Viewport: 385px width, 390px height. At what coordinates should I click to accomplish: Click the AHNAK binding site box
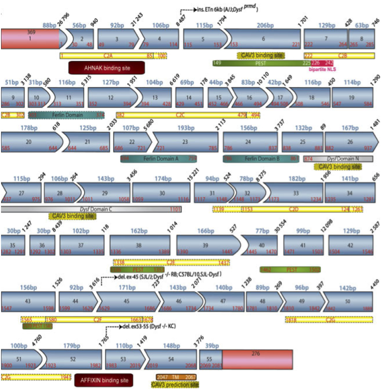coord(107,68)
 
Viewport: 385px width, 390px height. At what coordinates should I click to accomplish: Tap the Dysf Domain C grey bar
coord(92,208)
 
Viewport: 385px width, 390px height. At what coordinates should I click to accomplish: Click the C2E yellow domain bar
coord(171,262)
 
